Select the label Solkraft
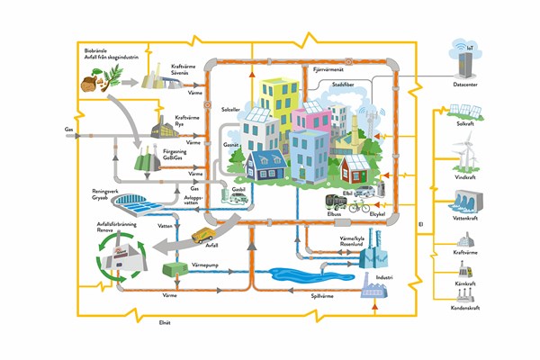465,124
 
